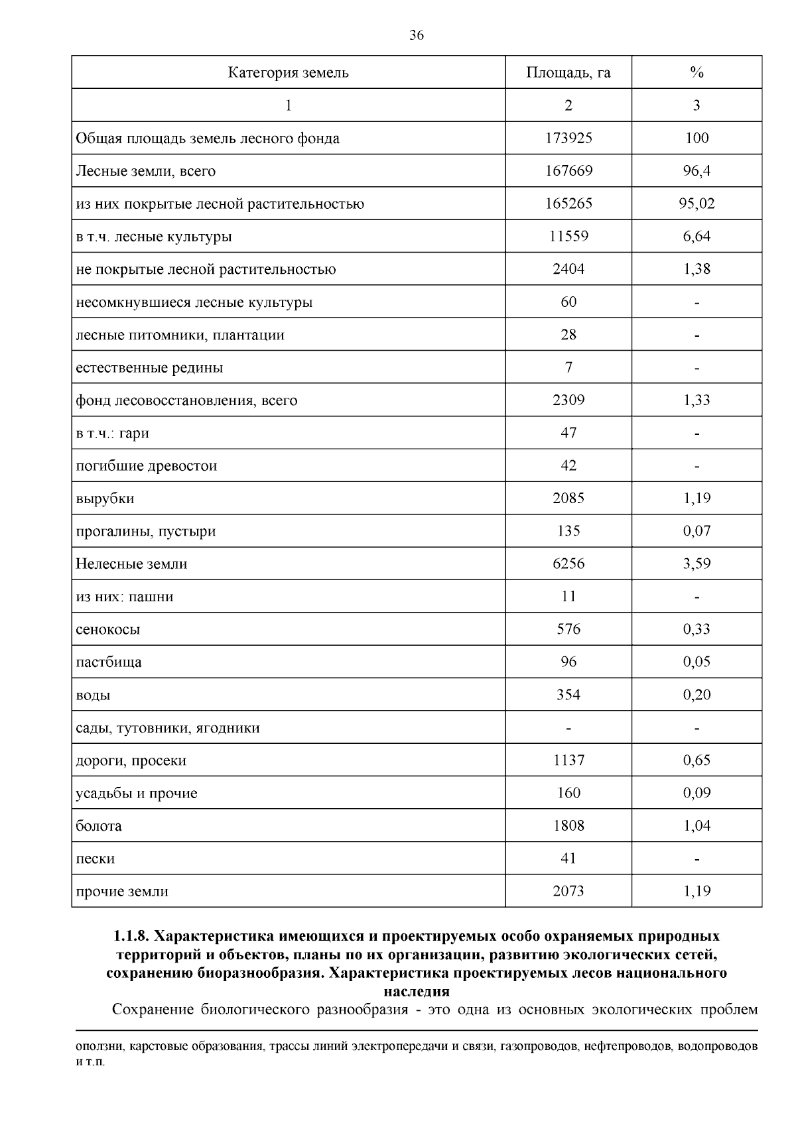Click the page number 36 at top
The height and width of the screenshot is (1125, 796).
pos(417,36)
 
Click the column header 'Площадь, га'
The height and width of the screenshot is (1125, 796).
pos(568,72)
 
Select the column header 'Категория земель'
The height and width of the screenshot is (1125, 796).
pos(288,72)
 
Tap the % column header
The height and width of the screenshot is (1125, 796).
pos(696,72)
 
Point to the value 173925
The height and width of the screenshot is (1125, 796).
pos(568,138)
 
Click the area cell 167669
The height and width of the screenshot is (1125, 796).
pos(568,171)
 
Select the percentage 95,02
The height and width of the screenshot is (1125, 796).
pos(696,204)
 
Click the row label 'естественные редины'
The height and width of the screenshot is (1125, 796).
pos(149,367)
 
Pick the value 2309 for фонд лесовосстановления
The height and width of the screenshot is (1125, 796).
pos(568,400)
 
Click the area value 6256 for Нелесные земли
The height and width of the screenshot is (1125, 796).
pos(568,563)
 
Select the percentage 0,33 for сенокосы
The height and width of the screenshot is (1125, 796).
pos(696,629)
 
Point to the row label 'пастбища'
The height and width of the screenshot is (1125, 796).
pos(109,662)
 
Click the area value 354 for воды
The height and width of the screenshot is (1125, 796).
pos(568,694)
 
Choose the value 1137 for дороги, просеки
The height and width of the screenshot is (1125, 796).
pos(568,760)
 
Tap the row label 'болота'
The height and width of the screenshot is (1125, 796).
pos(99,825)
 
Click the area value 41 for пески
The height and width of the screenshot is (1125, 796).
pos(568,858)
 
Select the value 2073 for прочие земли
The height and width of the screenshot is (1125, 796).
pos(568,891)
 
